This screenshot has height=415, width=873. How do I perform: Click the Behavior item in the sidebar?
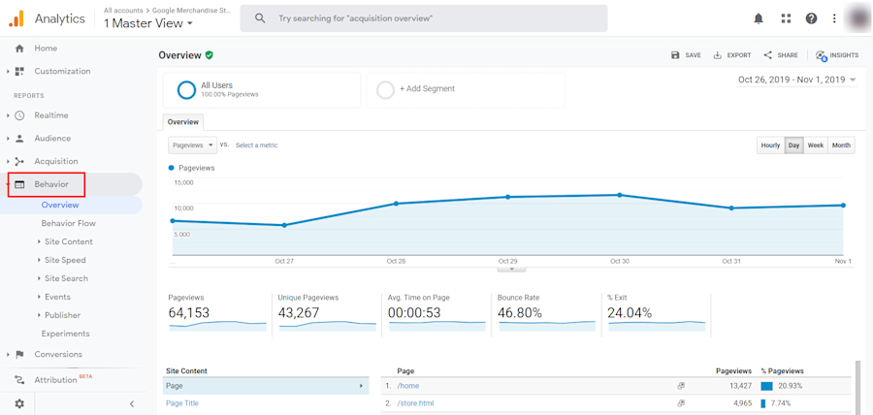click(51, 184)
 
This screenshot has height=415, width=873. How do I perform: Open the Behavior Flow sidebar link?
click(68, 223)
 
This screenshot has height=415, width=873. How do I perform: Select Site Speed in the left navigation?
click(65, 260)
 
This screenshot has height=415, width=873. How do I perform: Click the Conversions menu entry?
click(58, 354)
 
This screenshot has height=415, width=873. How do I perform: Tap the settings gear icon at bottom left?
click(19, 403)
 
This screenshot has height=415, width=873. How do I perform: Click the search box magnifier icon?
click(260, 18)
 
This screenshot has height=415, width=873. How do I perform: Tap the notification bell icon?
click(759, 18)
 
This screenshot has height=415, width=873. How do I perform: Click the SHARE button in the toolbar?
click(781, 55)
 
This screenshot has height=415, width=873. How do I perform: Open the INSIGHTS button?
click(837, 55)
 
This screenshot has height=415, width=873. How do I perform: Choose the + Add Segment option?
click(427, 89)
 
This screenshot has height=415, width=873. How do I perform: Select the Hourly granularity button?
click(770, 145)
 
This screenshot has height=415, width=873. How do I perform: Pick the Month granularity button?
click(841, 145)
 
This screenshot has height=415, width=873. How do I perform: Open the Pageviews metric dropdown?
click(192, 145)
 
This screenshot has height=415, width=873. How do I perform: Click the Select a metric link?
click(256, 145)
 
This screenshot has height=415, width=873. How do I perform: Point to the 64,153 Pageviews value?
click(189, 313)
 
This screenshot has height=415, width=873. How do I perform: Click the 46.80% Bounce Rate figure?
click(519, 313)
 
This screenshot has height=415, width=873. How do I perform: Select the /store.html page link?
click(415, 402)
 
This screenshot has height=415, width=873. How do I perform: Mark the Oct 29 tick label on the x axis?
click(507, 261)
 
